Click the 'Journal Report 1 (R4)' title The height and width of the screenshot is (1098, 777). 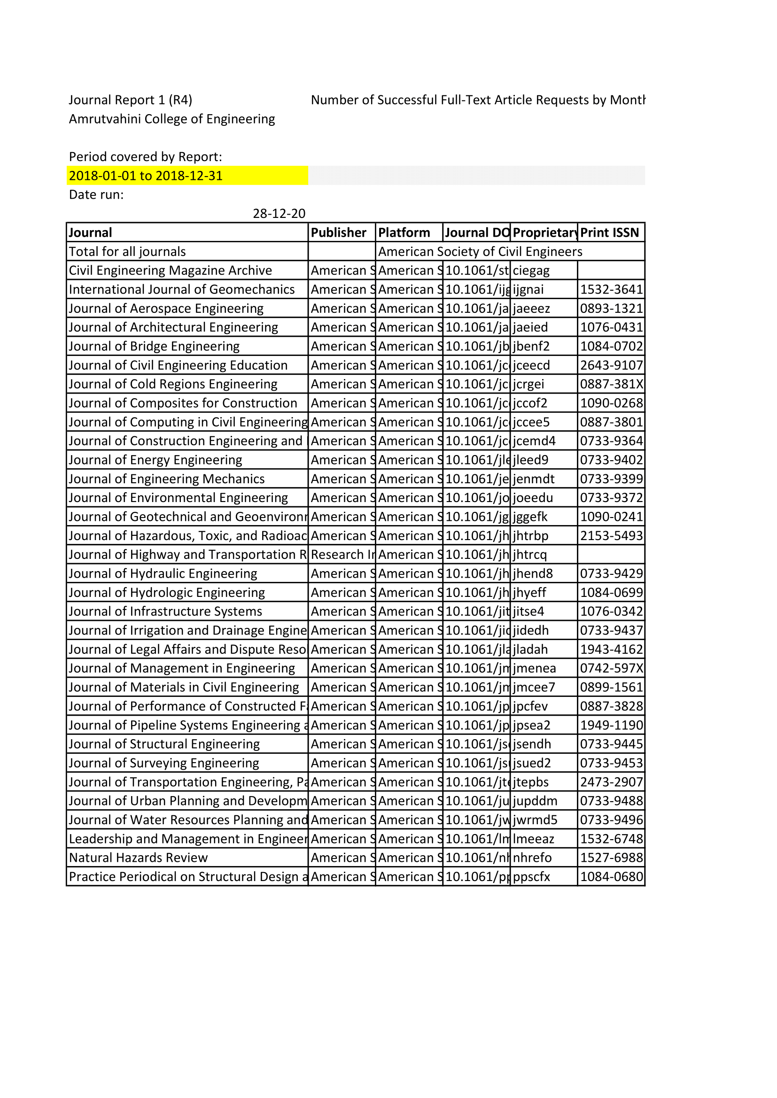pyautogui.click(x=130, y=100)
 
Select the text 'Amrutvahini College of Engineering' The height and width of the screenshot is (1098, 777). pyautogui.click(x=172, y=119)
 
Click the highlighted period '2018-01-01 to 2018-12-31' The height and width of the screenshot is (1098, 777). pyautogui.click(x=146, y=176)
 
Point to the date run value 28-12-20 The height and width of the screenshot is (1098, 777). pyautogui.click(x=279, y=214)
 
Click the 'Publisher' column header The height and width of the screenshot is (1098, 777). pyautogui.click(x=338, y=233)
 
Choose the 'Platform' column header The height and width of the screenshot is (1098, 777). pyautogui.click(x=404, y=233)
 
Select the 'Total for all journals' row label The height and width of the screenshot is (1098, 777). pyautogui.click(x=127, y=252)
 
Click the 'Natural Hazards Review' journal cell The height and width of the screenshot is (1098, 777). pyautogui.click(x=138, y=858)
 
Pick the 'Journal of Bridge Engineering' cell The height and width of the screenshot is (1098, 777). pyautogui.click(x=154, y=347)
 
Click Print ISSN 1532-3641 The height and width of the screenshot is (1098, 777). pyautogui.click(x=611, y=290)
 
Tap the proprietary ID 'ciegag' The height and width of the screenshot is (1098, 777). pyautogui.click(x=531, y=271)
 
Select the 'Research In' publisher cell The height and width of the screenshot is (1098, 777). pyautogui.click(x=342, y=555)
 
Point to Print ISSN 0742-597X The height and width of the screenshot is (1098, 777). pyautogui.click(x=611, y=669)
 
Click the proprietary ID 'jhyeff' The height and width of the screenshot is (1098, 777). pyautogui.click(x=529, y=593)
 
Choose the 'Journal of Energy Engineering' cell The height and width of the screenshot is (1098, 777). pyautogui.click(x=155, y=460)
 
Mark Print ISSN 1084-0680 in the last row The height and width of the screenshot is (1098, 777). pyautogui.click(x=611, y=877)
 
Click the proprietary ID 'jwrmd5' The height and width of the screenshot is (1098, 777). pyautogui.click(x=535, y=820)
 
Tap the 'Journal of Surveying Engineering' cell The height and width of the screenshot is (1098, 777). pyautogui.click(x=163, y=763)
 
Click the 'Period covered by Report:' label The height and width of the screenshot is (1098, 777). pyautogui.click(x=146, y=157)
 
